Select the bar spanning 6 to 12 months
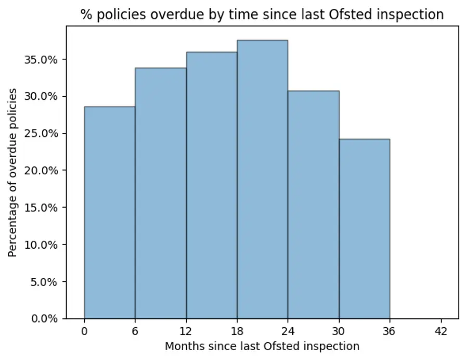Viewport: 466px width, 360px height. (x=160, y=193)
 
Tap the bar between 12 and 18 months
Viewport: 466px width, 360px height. (x=211, y=185)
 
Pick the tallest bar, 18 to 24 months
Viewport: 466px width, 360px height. (x=262, y=179)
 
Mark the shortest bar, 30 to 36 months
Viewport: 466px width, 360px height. (x=364, y=229)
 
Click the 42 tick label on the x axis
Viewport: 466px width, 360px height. (x=441, y=331)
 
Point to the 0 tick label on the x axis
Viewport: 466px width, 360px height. (x=84, y=331)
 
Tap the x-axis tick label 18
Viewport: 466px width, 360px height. (x=237, y=331)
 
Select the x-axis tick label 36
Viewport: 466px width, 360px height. (x=390, y=331)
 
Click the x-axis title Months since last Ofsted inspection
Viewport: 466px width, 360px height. (x=262, y=346)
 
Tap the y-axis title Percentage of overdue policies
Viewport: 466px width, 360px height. (x=12, y=172)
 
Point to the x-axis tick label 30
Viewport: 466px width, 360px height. (x=339, y=331)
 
